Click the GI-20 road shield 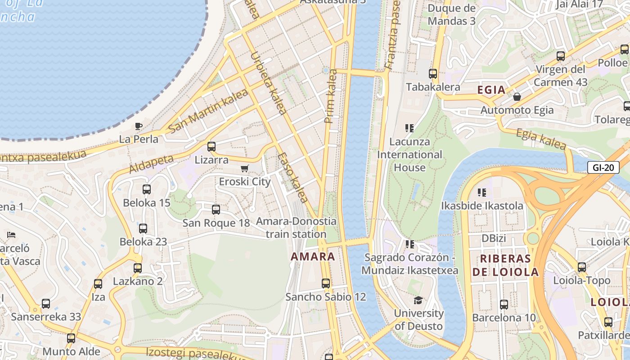tap(603, 168)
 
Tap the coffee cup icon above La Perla tap(139, 126)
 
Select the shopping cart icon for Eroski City tap(244, 169)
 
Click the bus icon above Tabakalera tap(433, 74)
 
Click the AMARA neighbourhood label tap(313, 257)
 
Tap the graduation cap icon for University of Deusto tap(418, 300)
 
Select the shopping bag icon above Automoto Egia tap(517, 97)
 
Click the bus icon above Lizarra tap(211, 146)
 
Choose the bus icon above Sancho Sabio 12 tap(326, 283)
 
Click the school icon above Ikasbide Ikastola tap(482, 193)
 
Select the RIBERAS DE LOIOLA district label tap(505, 265)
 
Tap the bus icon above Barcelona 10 tap(504, 305)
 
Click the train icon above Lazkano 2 tap(138, 268)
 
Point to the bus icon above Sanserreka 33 tap(46, 304)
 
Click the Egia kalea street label tap(540, 139)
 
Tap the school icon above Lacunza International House tap(409, 128)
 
